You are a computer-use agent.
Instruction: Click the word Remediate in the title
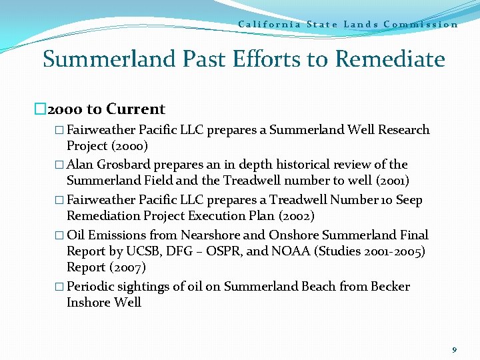pos(390,59)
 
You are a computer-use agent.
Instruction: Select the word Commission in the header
pos(421,25)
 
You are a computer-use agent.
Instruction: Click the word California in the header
pos(269,25)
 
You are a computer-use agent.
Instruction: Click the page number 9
pos(455,349)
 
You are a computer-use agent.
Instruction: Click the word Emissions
pos(115,235)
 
